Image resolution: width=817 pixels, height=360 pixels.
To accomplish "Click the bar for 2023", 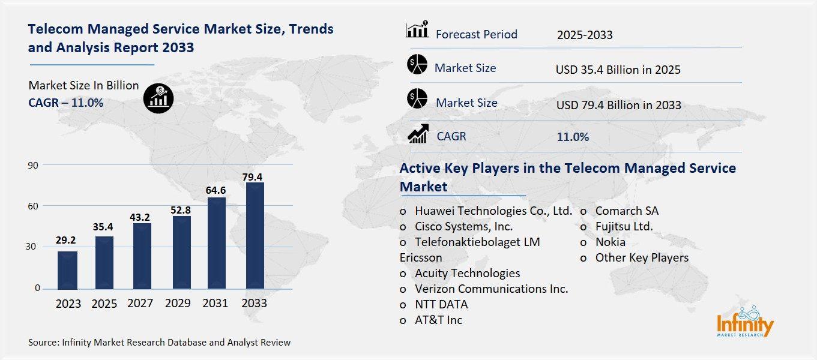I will (x=67, y=270).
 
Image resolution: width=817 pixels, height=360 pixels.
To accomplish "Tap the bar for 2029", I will (x=182, y=253).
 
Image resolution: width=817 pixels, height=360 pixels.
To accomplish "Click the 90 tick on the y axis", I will (x=32, y=165).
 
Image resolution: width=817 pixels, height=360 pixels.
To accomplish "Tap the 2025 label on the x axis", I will (x=104, y=304).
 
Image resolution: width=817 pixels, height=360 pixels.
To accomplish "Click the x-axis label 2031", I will (x=215, y=304).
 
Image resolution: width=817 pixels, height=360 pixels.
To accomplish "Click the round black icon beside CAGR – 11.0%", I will (x=159, y=97).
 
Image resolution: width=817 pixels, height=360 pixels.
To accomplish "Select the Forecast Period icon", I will (x=417, y=29).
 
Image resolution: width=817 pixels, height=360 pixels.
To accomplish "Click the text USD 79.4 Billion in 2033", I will (x=618, y=105).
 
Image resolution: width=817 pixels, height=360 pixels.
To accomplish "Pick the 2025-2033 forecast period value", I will (x=585, y=35).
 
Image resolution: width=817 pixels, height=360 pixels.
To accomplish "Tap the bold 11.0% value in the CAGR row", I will (x=573, y=137).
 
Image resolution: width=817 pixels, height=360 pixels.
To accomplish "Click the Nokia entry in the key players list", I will (x=610, y=242).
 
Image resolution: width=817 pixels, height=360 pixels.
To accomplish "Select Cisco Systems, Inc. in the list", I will (x=463, y=226).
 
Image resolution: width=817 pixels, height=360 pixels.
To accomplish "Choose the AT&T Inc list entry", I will (x=438, y=320).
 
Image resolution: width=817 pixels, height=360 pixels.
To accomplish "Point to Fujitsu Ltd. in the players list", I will (x=624, y=226).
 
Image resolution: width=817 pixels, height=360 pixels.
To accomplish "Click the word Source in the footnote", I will (x=43, y=343).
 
